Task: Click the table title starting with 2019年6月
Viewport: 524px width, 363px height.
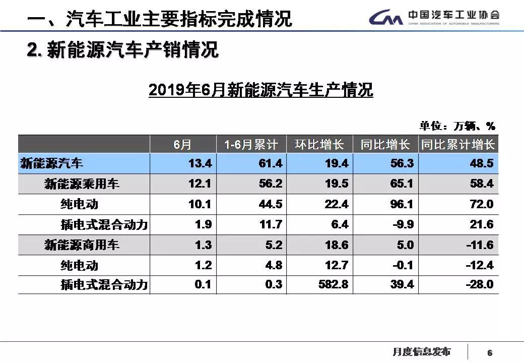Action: (x=260, y=90)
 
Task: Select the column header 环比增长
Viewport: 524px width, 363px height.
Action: (x=319, y=145)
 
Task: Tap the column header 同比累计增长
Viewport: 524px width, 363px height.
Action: (x=458, y=145)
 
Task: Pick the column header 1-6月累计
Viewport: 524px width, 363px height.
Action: (x=251, y=145)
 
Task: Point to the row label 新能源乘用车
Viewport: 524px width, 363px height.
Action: (x=82, y=184)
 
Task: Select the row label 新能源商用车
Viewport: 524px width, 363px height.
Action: (x=82, y=245)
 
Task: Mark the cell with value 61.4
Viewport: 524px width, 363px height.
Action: (x=270, y=164)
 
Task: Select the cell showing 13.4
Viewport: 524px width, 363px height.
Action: (x=199, y=164)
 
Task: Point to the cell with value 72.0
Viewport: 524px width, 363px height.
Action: (x=482, y=204)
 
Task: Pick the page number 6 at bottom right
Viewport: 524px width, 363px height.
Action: (x=489, y=352)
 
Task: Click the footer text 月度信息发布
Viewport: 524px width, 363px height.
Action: (x=421, y=351)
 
